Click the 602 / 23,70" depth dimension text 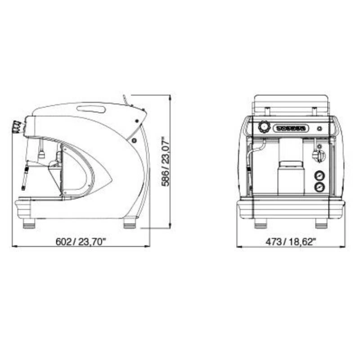81,242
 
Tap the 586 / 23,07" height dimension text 165,162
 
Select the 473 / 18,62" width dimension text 291,242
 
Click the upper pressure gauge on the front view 319,175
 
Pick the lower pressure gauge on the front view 319,187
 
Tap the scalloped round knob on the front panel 264,127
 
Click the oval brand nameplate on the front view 291,128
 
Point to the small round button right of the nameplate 319,129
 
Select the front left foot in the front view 261,223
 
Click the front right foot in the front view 321,223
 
